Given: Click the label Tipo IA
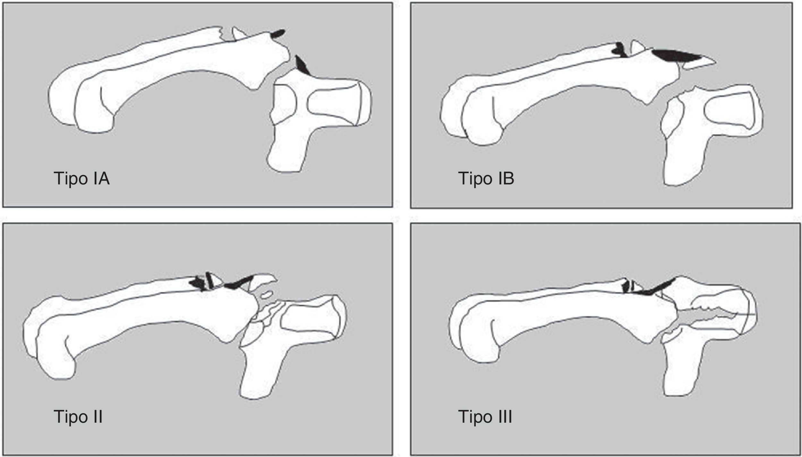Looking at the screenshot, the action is click(x=81, y=179).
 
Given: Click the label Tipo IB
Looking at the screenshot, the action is click(x=486, y=179).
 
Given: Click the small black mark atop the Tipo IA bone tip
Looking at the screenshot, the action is click(x=278, y=33).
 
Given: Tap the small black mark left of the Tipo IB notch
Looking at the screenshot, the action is click(x=620, y=50).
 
